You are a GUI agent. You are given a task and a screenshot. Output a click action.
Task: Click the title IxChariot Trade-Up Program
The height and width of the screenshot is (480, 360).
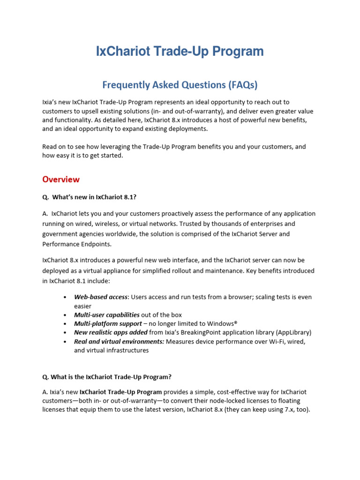point(180,51)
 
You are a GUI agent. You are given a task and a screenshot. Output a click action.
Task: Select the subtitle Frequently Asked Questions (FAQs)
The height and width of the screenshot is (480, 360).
point(180,85)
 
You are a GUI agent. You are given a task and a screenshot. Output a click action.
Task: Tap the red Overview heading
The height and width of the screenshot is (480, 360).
point(61,180)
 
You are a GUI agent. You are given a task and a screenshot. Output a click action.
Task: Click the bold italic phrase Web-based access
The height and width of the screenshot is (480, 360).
point(101,297)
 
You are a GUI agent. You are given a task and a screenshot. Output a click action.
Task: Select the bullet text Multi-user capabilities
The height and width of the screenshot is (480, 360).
point(107,315)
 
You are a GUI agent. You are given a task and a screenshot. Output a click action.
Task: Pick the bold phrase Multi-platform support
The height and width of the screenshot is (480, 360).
point(108,324)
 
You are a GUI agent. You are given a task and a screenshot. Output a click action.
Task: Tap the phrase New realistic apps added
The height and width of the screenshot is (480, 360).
point(111,333)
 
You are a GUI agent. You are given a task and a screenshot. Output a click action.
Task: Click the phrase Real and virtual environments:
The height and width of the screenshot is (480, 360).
point(119,342)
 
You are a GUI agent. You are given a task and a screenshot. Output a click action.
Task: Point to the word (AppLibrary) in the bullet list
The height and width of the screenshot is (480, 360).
point(293,333)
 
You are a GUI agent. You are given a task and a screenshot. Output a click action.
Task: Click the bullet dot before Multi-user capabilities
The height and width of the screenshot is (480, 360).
point(65,315)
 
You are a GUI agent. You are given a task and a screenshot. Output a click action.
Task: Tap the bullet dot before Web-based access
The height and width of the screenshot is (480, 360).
point(65,297)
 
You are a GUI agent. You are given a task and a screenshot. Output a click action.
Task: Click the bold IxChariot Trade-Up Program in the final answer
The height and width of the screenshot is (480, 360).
point(121,392)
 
